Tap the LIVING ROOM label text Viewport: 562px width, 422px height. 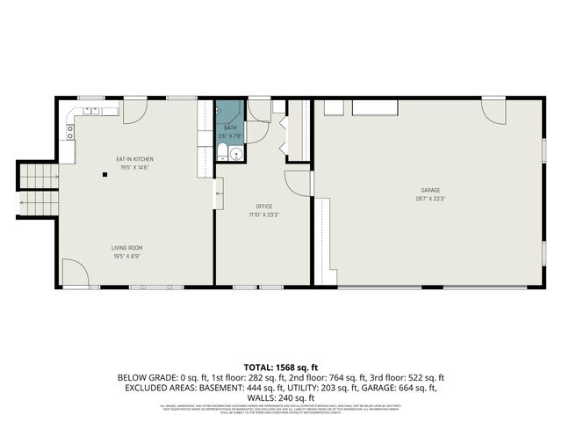tap(126, 248)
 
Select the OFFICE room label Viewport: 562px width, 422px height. tap(264, 206)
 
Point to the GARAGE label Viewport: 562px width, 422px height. tap(430, 191)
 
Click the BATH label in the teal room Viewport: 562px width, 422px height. tap(230, 128)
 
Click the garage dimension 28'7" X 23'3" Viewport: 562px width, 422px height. tap(430, 199)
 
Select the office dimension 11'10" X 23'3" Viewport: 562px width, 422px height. tap(264, 214)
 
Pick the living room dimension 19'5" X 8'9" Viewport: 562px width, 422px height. tap(126, 256)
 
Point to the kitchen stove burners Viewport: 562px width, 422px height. tap(70, 133)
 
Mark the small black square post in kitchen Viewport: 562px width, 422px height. tap(104, 174)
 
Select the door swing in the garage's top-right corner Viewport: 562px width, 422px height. tap(494, 111)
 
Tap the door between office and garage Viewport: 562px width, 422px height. tap(300, 181)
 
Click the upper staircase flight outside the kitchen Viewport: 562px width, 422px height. tap(38, 178)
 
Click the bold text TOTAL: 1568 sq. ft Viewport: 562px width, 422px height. tap(281, 367)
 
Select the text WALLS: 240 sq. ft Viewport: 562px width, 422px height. tap(280, 397)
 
